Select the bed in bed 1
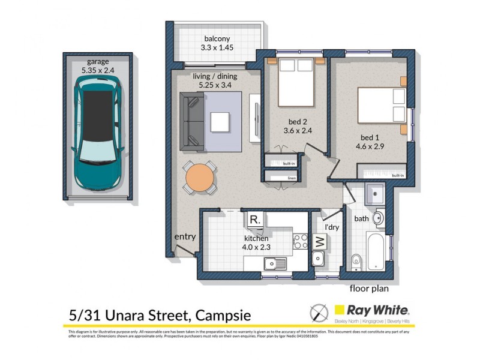[x=382, y=107]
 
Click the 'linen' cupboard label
[x=292, y=178]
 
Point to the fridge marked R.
[x=254, y=220]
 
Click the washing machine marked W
[x=319, y=242]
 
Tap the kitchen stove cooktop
[x=299, y=241]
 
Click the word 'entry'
[x=185, y=237]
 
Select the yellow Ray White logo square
[x=340, y=310]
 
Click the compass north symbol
[x=318, y=313]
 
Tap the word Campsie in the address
[x=218, y=315]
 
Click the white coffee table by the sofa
[x=220, y=122]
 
